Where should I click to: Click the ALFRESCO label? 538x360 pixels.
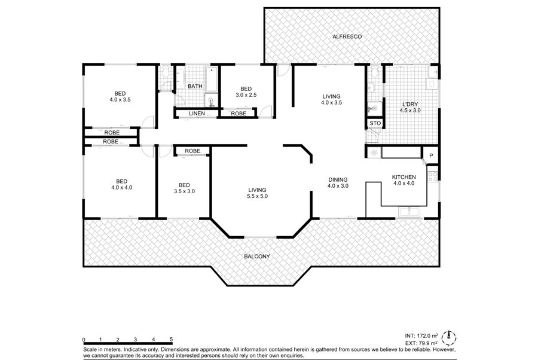(x=347, y=36)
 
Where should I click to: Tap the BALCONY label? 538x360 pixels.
(x=257, y=257)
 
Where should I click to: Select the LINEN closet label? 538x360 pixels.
(x=197, y=113)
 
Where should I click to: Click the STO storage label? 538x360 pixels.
(x=375, y=123)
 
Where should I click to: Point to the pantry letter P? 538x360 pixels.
(x=431, y=156)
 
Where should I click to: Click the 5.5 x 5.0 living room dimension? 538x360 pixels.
(x=257, y=196)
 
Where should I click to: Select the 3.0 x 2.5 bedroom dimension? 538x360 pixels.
(x=246, y=95)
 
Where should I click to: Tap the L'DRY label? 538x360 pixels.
(x=410, y=104)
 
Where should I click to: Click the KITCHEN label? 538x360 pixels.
(x=404, y=177)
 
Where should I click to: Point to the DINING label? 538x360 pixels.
(x=338, y=179)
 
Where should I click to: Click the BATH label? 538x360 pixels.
(x=195, y=86)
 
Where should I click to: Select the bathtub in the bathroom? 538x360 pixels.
(x=212, y=80)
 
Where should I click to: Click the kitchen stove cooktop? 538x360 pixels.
(x=433, y=176)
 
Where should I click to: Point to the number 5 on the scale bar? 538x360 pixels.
(x=171, y=340)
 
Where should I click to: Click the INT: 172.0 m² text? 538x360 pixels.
(x=421, y=335)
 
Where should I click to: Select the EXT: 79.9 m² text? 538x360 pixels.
(x=421, y=343)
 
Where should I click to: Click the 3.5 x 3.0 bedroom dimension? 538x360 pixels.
(x=184, y=191)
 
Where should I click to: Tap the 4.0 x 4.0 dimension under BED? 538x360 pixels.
(x=121, y=187)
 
